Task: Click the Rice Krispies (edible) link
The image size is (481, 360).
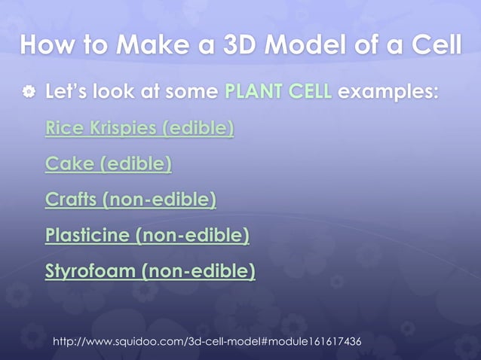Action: [139, 128]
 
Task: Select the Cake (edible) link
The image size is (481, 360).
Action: [109, 163]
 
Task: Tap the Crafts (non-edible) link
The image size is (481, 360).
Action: [130, 200]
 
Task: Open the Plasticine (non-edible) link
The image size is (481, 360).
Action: [147, 236]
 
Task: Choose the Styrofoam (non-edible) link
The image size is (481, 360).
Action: [150, 271]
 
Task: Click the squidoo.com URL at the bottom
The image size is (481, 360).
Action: [206, 342]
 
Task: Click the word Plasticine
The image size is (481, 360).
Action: [87, 236]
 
